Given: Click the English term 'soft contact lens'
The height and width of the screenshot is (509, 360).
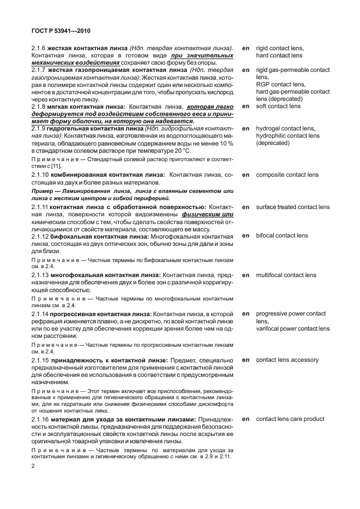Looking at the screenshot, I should pyautogui.click(x=278, y=106).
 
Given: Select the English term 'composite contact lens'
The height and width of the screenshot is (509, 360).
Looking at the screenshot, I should pyautogui.click(x=287, y=175).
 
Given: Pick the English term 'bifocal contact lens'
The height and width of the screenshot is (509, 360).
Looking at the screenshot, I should pyautogui.click(x=281, y=236).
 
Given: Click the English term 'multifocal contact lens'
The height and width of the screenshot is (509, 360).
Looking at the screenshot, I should pyautogui.click(x=286, y=275).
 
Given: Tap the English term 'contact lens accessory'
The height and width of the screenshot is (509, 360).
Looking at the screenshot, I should pyautogui.click(x=288, y=360).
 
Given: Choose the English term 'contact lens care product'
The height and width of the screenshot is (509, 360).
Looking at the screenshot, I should pyautogui.click(x=290, y=419).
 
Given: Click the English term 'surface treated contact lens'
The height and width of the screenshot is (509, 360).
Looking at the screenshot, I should pyautogui.click(x=293, y=207).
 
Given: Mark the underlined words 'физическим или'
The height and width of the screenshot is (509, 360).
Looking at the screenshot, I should pyautogui.click(x=215, y=214).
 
